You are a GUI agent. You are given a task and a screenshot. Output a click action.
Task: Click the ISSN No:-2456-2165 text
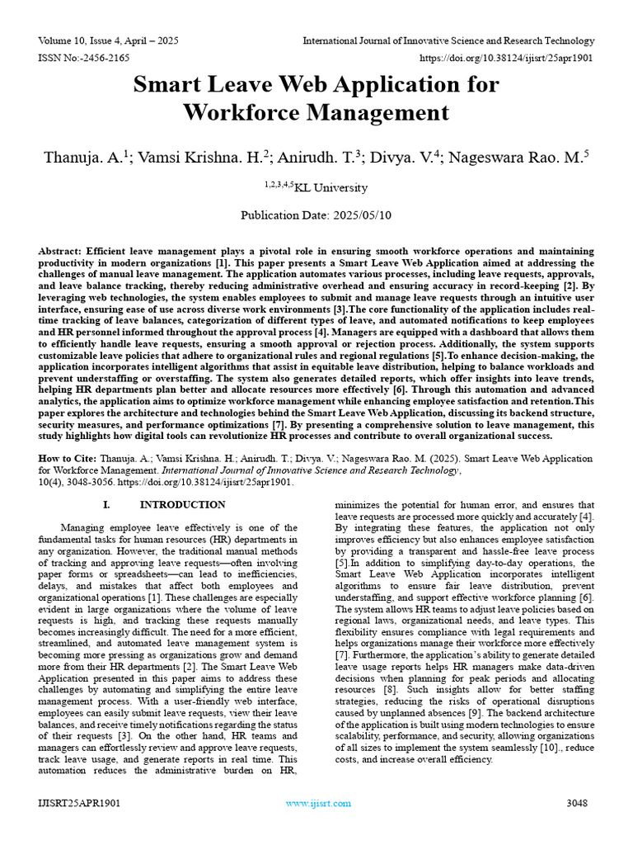[84, 58]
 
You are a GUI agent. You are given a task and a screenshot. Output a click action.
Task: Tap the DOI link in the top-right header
[507, 58]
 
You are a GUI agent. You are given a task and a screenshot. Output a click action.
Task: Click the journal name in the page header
[448, 40]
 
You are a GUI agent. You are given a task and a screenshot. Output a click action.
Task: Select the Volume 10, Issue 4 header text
[107, 40]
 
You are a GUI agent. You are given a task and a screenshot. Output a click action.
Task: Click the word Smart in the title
[168, 85]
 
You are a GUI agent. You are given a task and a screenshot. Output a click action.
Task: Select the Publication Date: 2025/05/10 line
[316, 215]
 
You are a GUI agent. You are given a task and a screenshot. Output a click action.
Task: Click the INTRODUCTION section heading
[182, 504]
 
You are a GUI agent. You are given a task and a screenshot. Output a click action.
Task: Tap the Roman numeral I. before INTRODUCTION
[106, 504]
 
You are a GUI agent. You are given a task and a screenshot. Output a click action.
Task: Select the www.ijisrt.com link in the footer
[317, 803]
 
